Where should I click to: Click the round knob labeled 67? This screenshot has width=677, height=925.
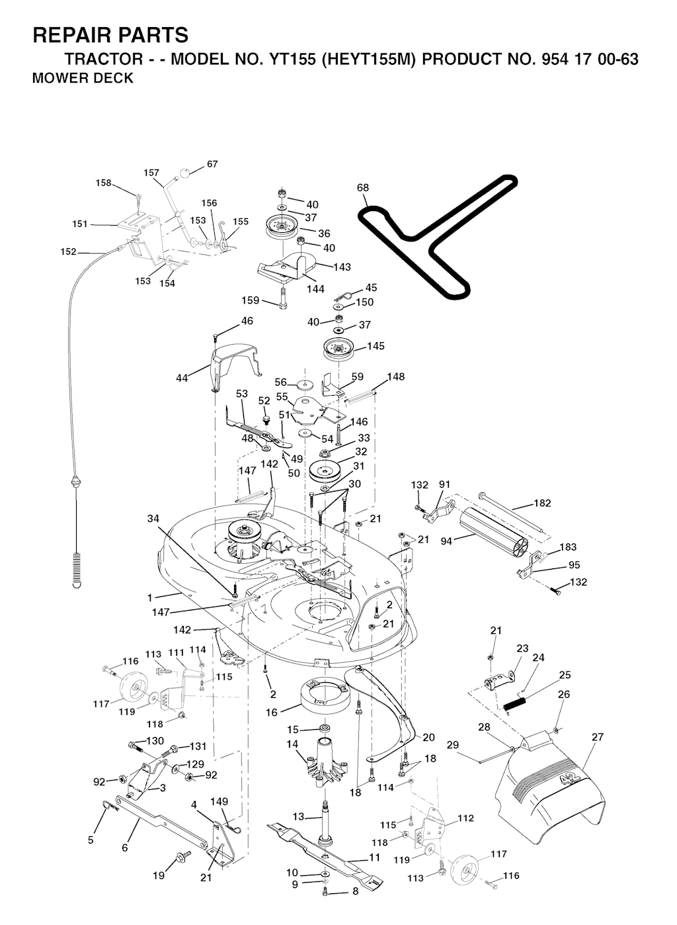tap(186, 173)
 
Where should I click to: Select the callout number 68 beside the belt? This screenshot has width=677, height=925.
tap(363, 187)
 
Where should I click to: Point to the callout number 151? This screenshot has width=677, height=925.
tap(80, 224)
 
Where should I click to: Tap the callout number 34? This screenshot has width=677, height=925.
tap(153, 518)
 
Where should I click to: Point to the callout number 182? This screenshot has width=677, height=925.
tap(542, 503)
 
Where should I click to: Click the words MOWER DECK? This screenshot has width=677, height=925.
tap(83, 78)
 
